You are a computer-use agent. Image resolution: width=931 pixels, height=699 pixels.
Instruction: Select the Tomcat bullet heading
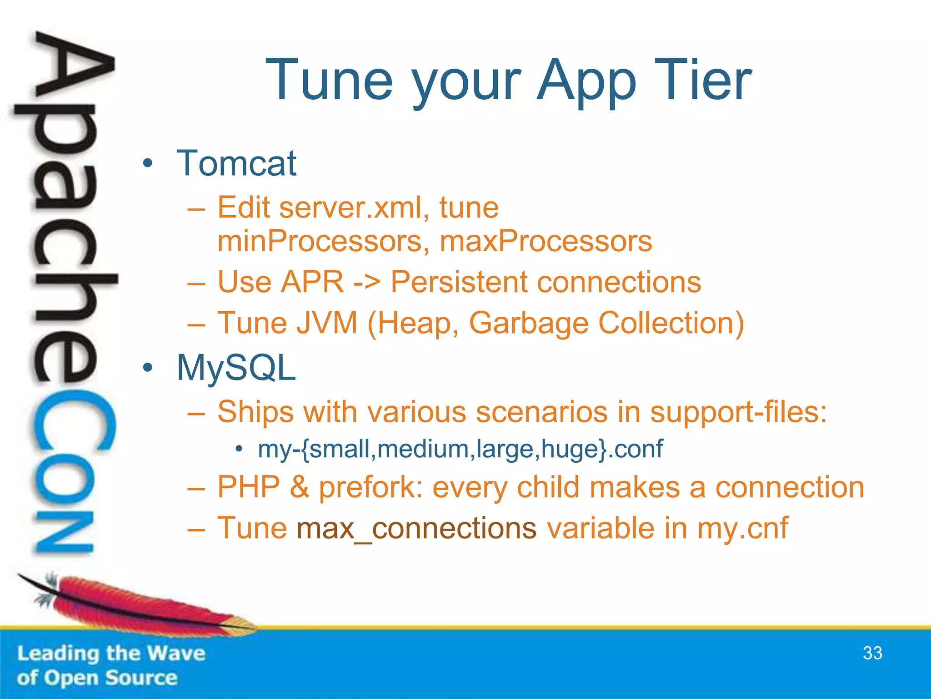click(x=236, y=163)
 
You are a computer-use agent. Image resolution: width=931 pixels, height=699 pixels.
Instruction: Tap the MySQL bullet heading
click(x=236, y=368)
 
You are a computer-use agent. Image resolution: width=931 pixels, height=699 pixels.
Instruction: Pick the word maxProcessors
click(x=546, y=241)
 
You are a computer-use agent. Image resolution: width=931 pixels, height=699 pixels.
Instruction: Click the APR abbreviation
click(x=312, y=282)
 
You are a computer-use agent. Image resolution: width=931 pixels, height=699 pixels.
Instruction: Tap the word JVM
click(x=327, y=323)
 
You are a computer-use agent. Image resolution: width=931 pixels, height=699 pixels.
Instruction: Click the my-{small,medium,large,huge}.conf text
click(x=460, y=450)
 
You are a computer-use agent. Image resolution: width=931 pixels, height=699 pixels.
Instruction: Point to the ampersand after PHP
click(x=299, y=487)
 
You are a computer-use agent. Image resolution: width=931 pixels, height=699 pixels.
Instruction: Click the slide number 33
click(x=872, y=653)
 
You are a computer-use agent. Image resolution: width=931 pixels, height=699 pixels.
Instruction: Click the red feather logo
click(x=136, y=605)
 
